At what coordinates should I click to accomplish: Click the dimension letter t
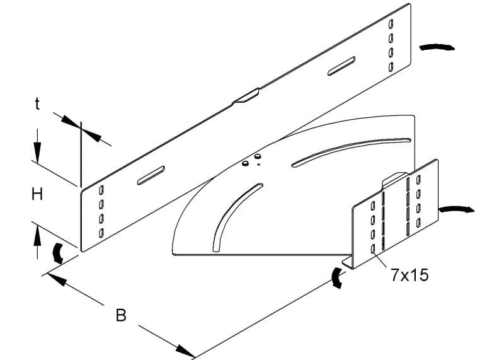(38, 104)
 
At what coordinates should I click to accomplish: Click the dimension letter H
(37, 194)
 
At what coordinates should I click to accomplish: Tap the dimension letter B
(121, 315)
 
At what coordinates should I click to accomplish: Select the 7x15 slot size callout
(410, 276)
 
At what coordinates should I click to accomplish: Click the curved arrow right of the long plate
(437, 47)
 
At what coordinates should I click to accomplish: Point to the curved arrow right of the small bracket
(456, 209)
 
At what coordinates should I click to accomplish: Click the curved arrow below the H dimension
(57, 252)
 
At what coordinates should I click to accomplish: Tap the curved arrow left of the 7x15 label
(336, 277)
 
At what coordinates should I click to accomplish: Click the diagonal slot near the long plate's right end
(341, 66)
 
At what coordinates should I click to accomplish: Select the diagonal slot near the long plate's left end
(151, 175)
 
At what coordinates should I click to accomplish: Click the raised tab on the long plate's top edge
(246, 96)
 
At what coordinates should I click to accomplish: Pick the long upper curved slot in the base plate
(351, 152)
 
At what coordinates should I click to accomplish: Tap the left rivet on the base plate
(245, 164)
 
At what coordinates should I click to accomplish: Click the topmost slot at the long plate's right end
(391, 24)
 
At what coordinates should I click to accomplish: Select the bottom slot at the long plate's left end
(101, 233)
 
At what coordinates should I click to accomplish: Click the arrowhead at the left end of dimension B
(57, 279)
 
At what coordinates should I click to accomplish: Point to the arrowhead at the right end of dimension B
(186, 351)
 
